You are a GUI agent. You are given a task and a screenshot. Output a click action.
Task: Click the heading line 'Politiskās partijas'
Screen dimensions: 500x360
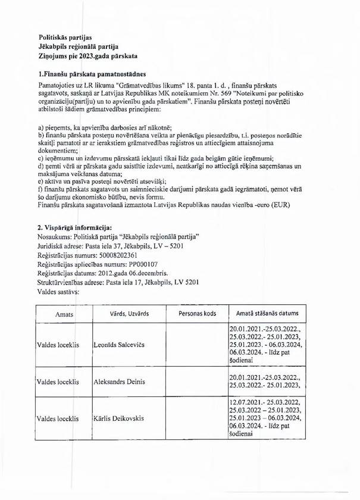(x=61, y=37)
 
